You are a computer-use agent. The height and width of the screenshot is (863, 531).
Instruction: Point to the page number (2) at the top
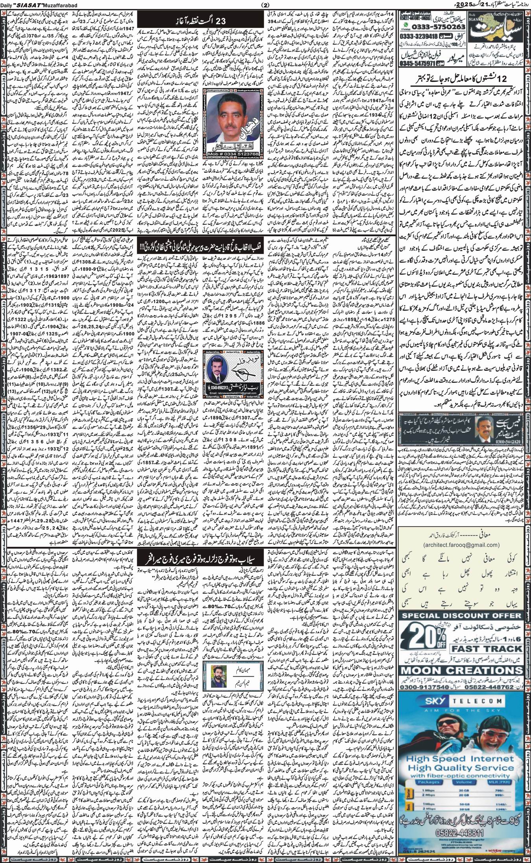tap(265, 4)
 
